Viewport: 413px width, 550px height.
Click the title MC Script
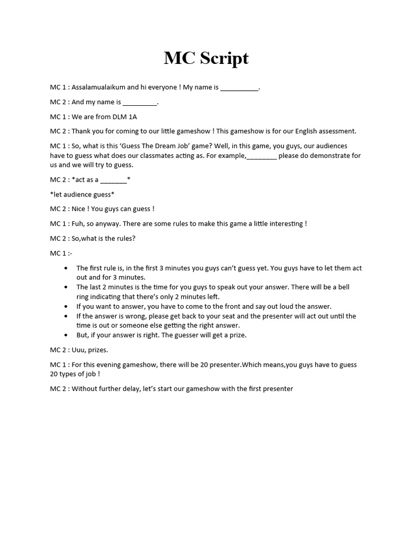tap(206, 58)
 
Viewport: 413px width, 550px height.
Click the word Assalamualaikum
tap(98, 87)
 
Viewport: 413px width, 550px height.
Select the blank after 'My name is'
tap(239, 88)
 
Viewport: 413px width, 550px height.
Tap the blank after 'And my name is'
tap(140, 103)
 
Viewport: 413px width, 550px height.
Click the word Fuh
tap(78, 223)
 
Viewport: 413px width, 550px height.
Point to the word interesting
tap(284, 223)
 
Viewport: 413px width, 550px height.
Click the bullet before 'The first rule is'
tap(66, 268)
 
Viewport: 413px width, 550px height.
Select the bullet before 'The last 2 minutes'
tap(66, 287)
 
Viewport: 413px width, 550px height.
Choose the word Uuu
tap(79, 350)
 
